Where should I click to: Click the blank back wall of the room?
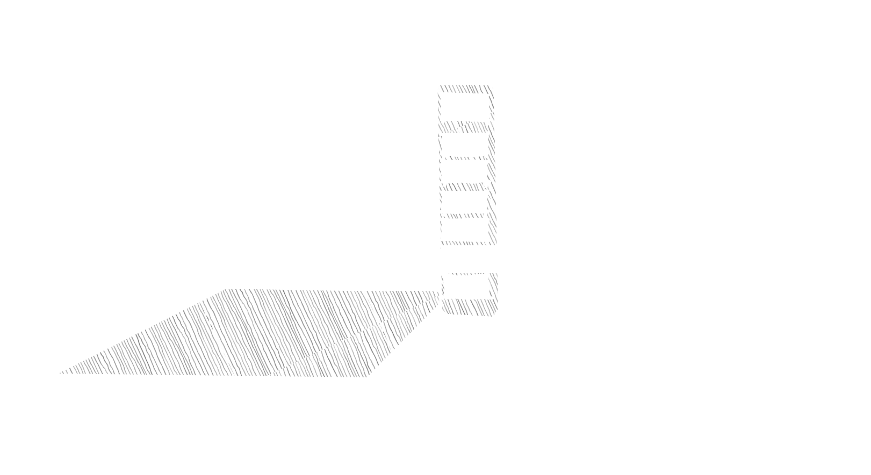coord(328,193)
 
